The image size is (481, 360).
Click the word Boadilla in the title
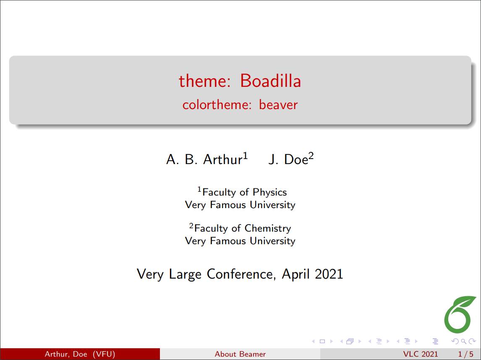pyautogui.click(x=270, y=81)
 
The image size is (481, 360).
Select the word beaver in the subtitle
pyautogui.click(x=278, y=105)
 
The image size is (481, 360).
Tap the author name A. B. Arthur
pyautogui.click(x=204, y=159)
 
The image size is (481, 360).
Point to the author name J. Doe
pyautogui.click(x=288, y=159)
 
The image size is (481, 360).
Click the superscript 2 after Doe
pyautogui.click(x=311, y=156)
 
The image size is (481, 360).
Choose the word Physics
pyautogui.click(x=269, y=192)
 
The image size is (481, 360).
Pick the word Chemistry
pyautogui.click(x=268, y=228)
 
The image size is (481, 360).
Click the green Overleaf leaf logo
pyautogui.click(x=459, y=315)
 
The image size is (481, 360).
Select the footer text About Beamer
pyautogui.click(x=240, y=354)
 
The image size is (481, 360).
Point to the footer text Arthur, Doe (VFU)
pyautogui.click(x=80, y=354)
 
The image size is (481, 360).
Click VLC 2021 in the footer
pyautogui.click(x=421, y=354)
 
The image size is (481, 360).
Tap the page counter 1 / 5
pyautogui.click(x=465, y=354)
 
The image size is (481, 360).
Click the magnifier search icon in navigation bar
pyautogui.click(x=463, y=341)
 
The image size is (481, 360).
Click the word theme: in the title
pyautogui.click(x=204, y=81)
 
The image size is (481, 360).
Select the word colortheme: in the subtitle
pyautogui.click(x=217, y=105)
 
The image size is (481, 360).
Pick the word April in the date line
pyautogui.click(x=296, y=274)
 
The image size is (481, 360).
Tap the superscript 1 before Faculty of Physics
pyautogui.click(x=199, y=189)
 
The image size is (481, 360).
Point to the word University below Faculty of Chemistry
pyautogui.click(x=272, y=241)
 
